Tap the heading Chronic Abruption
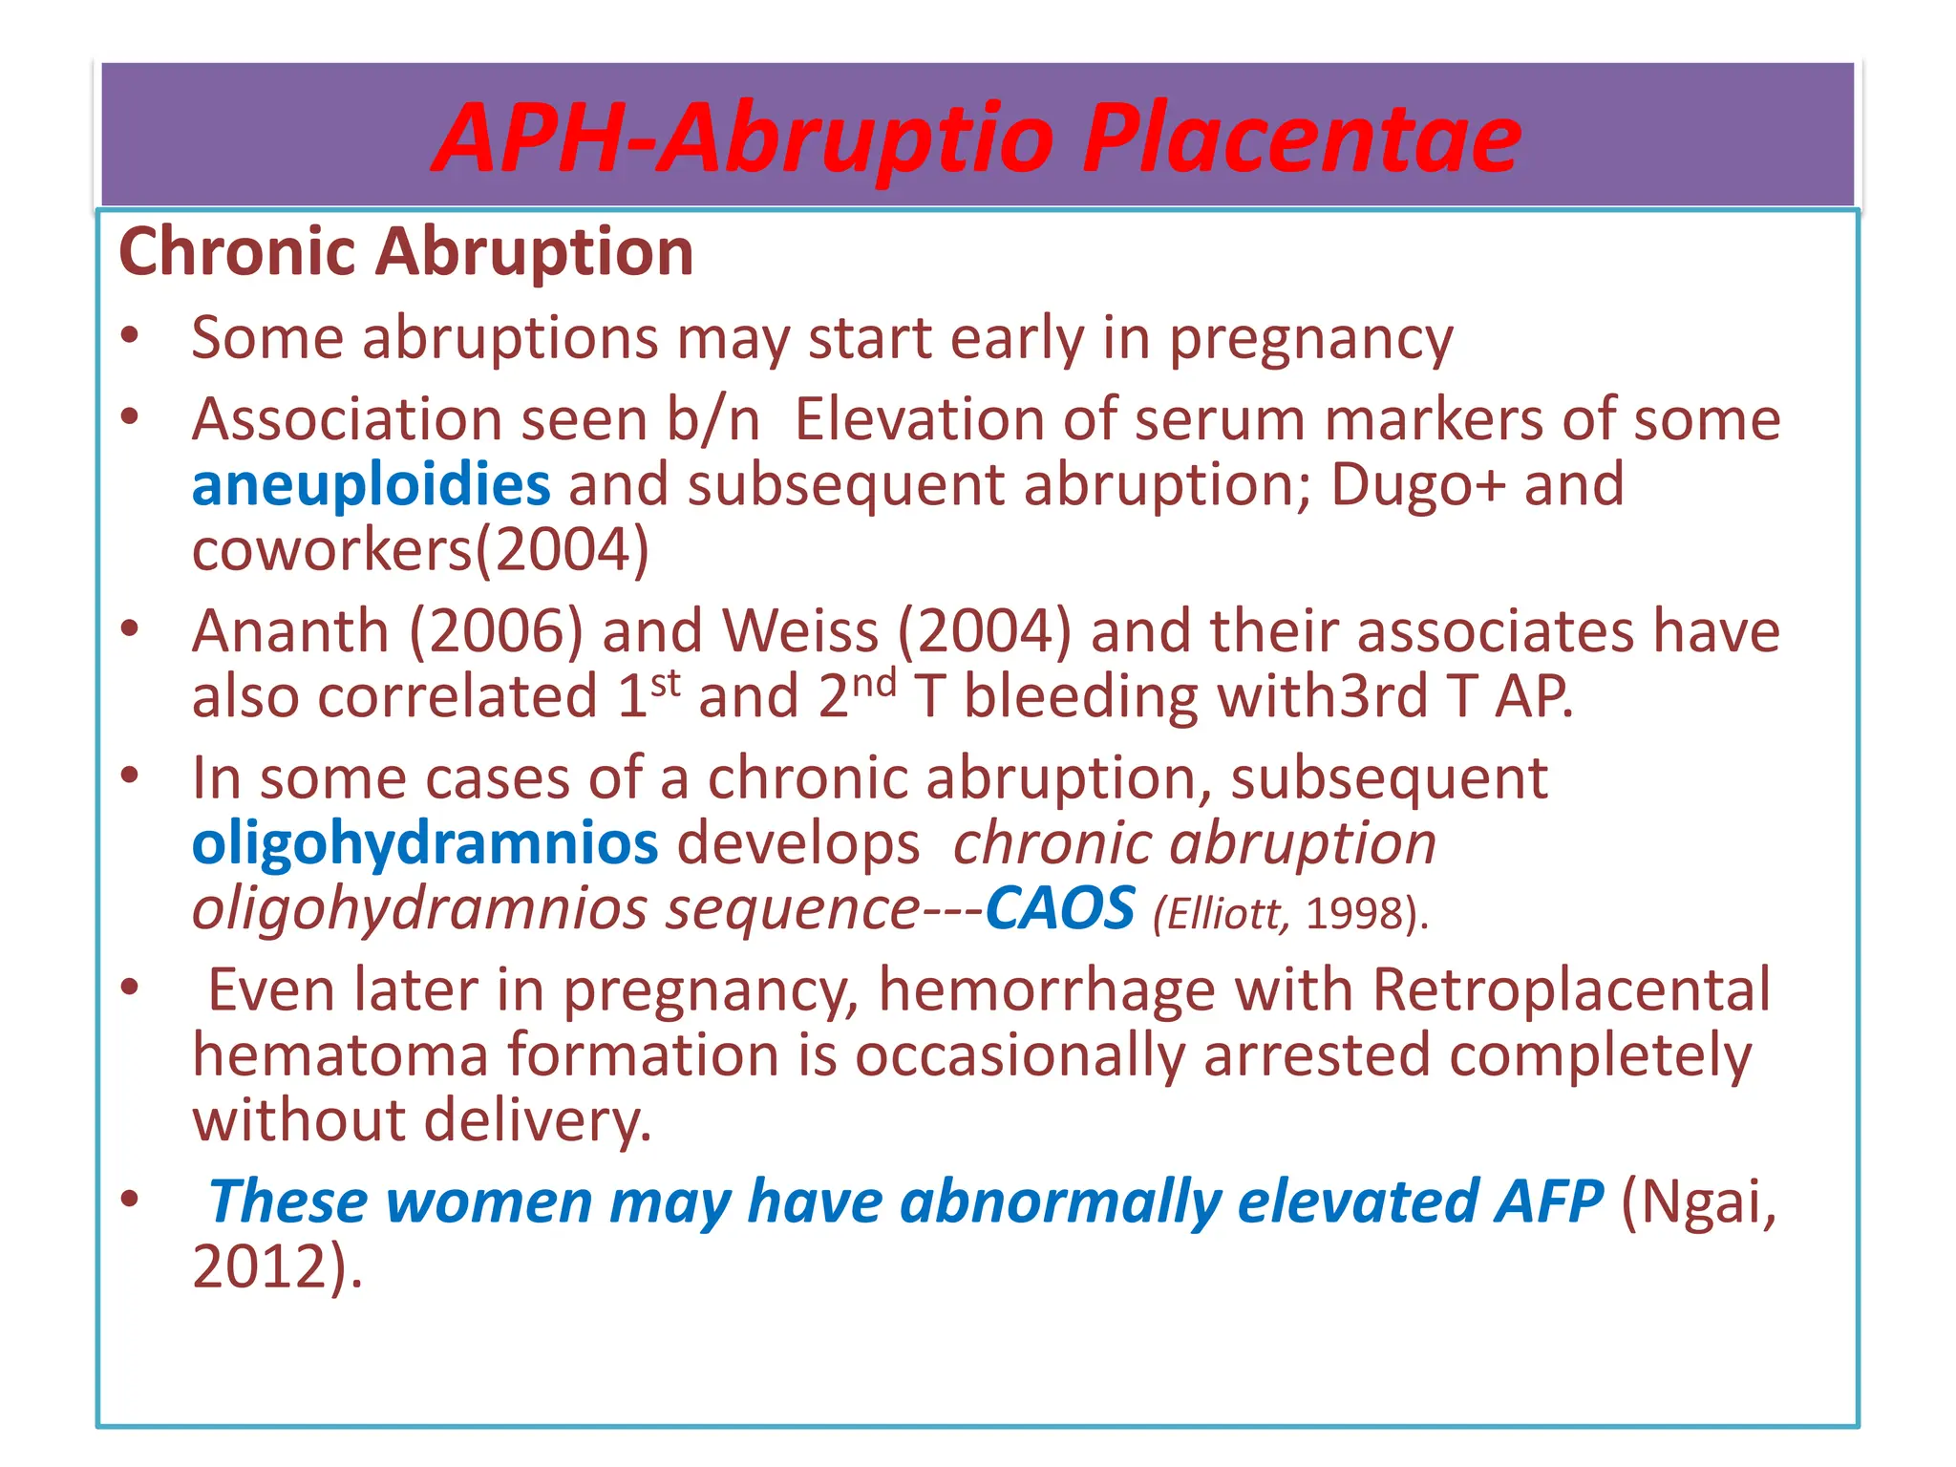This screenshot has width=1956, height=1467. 406,252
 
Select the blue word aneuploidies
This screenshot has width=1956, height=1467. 371,484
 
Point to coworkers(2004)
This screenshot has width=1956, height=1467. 420,550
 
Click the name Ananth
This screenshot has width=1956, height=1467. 290,632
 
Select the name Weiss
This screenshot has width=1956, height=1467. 799,632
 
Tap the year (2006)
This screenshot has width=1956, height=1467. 496,632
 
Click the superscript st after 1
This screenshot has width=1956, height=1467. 666,684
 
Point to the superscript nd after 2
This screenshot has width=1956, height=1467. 874,684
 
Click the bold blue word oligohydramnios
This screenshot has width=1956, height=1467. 425,844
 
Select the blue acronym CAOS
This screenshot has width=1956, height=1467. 1059,908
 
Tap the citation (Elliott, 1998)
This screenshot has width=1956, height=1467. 1290,914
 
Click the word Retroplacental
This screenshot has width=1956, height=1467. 1571,989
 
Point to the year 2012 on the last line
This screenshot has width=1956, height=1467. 267,1267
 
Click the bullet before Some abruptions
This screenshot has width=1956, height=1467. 131,336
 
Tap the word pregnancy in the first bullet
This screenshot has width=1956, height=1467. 1310,339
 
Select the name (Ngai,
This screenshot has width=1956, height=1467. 1699,1201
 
